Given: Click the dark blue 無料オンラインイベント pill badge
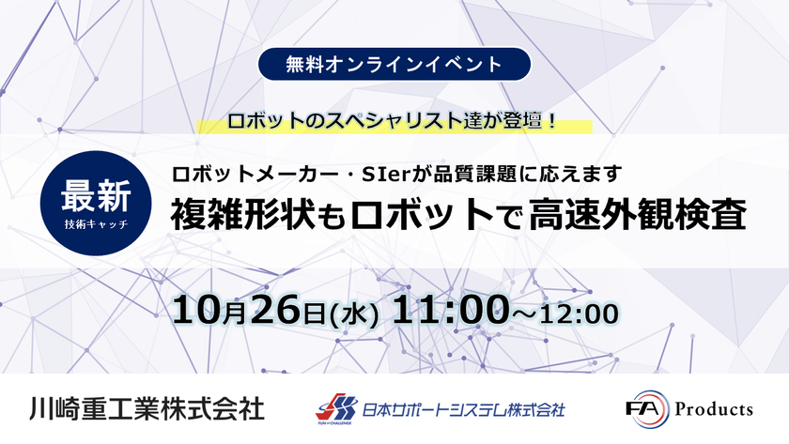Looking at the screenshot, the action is click(x=394, y=64).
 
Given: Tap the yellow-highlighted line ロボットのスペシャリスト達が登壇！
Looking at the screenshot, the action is click(x=393, y=121).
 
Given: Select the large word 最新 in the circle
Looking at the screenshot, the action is click(x=96, y=196).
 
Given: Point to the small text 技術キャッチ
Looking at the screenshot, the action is click(x=96, y=224).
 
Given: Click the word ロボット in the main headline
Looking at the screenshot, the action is click(x=421, y=215).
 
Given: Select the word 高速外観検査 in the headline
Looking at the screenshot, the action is click(x=638, y=215).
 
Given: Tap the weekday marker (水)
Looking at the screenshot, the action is click(x=353, y=314).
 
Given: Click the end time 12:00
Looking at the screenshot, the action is click(x=579, y=314).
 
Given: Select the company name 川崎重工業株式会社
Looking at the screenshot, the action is click(x=147, y=409).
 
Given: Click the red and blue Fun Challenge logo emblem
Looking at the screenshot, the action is click(x=336, y=407).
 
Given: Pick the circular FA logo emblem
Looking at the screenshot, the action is click(x=649, y=409).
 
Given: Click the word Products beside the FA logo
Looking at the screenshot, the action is click(x=714, y=409).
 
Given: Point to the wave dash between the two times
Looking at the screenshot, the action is click(x=524, y=315).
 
